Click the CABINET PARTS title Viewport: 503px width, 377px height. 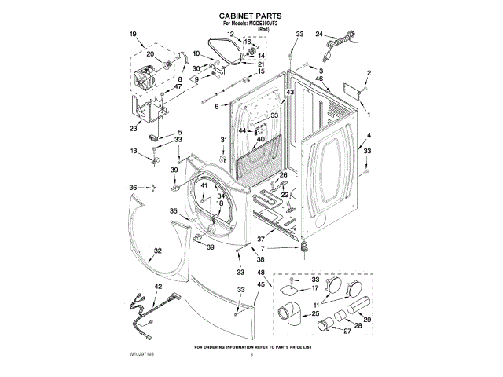tap(251, 16)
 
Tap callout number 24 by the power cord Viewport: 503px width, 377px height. tap(319, 35)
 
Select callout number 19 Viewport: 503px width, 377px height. tap(133, 35)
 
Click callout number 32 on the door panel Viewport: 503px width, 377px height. tap(157, 251)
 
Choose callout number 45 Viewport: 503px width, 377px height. tap(261, 284)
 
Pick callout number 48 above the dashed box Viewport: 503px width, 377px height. tap(261, 273)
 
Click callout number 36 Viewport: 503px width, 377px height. tap(133, 187)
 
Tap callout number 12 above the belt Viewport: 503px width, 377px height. tap(230, 35)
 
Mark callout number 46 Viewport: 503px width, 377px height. tap(320, 79)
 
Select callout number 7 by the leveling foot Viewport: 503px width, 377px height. tap(274, 248)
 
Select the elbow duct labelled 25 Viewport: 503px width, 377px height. tap(287, 314)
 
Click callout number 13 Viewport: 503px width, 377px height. tap(134, 151)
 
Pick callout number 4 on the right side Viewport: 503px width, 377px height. tap(368, 135)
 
